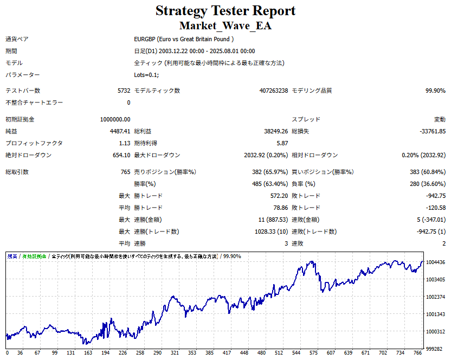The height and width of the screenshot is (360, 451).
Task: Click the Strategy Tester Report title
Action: click(225, 11)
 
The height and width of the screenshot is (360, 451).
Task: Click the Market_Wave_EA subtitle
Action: click(225, 25)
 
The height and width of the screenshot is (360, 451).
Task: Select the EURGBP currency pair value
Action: click(184, 39)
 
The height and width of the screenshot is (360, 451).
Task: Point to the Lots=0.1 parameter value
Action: click(146, 75)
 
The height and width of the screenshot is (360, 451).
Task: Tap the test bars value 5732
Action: click(124, 91)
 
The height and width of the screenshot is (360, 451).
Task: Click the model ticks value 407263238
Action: click(274, 91)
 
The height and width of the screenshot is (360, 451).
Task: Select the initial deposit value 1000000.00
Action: click(115, 119)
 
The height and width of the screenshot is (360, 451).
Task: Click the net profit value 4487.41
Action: click(120, 131)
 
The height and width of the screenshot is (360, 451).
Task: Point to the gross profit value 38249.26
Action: click(275, 131)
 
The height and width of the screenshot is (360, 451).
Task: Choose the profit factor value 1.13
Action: click(124, 143)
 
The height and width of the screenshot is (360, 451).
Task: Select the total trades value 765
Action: click(125, 172)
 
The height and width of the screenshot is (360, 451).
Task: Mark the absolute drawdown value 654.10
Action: click(120, 155)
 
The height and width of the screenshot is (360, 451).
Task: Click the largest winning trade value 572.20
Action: click(276, 196)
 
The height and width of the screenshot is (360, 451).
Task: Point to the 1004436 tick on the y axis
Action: click(436, 262)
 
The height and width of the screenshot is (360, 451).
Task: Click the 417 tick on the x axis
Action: click(226, 352)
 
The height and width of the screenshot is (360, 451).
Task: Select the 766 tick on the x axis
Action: click(417, 352)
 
